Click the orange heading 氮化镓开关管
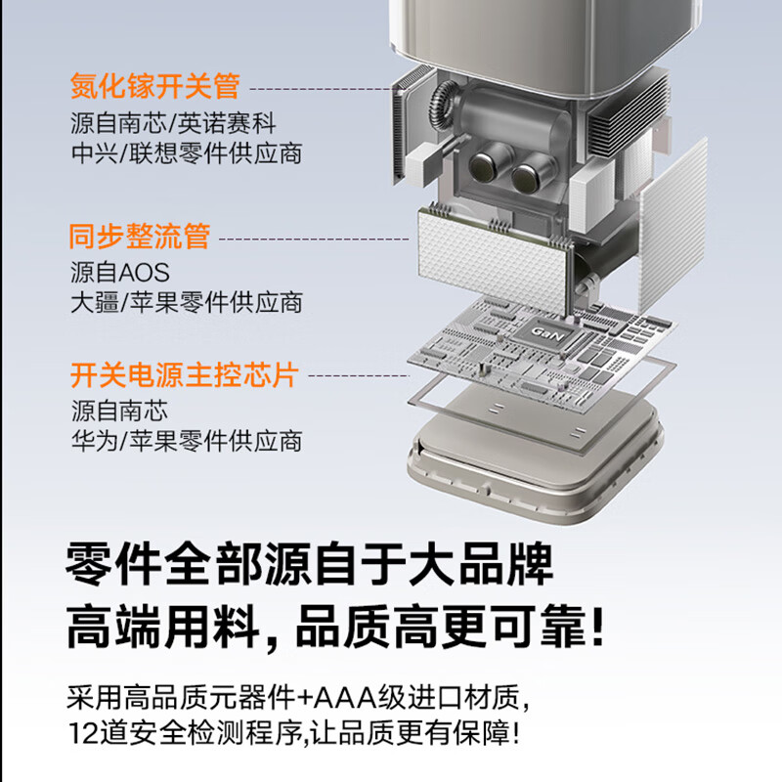click(x=155, y=86)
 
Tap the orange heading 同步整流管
click(x=140, y=237)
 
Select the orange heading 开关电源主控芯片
click(x=184, y=374)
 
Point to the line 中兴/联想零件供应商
click(x=186, y=153)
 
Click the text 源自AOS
click(x=120, y=272)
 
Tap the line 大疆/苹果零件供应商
click(x=186, y=302)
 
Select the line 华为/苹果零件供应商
click(x=186, y=440)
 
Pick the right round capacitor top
click(x=529, y=176)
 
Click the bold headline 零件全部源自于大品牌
click(x=310, y=566)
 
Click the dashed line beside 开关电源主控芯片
click(x=357, y=375)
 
